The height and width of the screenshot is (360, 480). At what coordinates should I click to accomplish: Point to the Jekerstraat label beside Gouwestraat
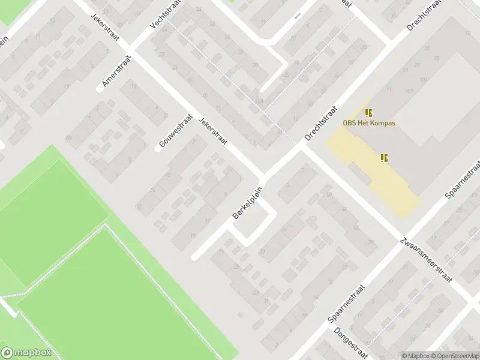click(214, 131)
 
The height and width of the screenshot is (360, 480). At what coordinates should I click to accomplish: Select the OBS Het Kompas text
click(369, 123)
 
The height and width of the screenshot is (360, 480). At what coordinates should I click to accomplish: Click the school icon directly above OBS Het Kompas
click(368, 112)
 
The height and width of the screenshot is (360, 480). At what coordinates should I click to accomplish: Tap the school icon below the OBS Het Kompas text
click(383, 158)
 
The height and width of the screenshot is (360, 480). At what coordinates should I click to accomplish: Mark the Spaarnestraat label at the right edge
click(464, 180)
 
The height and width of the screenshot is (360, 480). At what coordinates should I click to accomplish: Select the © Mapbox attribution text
click(416, 356)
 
